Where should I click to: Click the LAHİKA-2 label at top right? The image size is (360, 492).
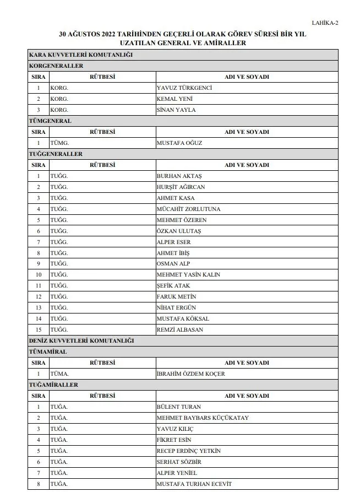point(325,23)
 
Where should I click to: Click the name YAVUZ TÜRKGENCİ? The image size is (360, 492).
point(184,88)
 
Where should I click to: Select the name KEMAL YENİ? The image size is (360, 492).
point(174,99)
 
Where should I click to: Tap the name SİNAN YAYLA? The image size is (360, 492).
point(176,110)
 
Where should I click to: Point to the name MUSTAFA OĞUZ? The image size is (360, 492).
point(179,143)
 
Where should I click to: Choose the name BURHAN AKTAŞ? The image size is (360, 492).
point(179,176)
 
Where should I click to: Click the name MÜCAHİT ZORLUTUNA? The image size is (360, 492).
point(188,209)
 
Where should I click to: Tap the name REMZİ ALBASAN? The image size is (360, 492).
point(180,329)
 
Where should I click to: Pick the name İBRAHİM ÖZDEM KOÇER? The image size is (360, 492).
point(190,374)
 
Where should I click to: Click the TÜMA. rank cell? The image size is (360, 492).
point(59,374)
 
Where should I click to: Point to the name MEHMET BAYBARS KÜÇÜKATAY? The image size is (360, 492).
point(203,418)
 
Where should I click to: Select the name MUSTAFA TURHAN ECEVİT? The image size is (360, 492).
point(194,484)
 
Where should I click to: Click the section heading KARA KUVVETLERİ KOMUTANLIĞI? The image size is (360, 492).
point(80,55)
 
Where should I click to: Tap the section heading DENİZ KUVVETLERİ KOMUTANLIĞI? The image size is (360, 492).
point(81,341)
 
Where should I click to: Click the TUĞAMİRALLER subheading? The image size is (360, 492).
point(53,385)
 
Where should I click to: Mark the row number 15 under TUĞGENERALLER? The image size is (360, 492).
point(39,329)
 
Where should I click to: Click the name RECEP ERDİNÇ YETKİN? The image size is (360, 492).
point(188,451)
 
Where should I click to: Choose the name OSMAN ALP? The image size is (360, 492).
point(173,264)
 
